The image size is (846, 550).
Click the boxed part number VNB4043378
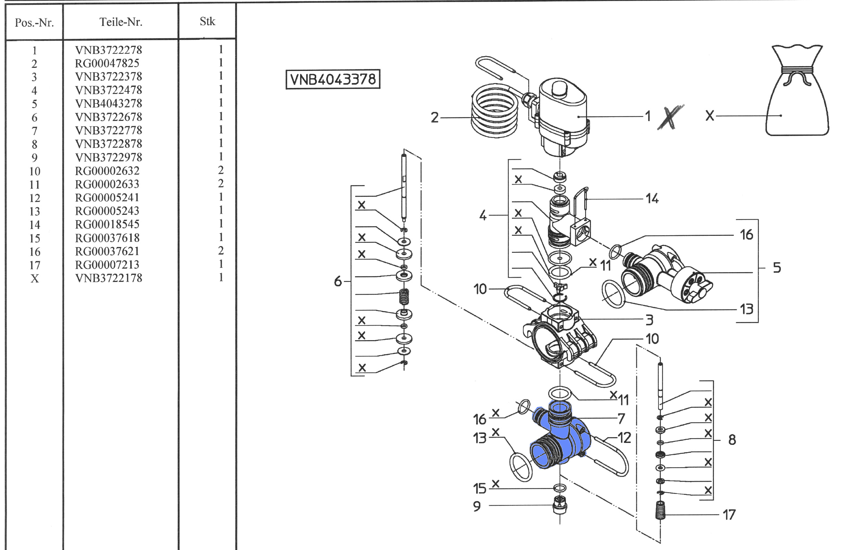click(333, 79)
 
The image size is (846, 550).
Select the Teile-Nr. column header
click(121, 22)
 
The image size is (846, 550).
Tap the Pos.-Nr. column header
click(34, 23)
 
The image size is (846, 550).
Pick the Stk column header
click(207, 21)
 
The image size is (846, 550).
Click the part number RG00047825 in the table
click(107, 63)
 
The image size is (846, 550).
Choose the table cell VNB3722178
click(108, 278)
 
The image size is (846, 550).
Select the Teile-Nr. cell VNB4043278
click(108, 104)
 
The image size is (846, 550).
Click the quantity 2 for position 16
click(221, 251)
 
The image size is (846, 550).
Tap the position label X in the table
click(34, 278)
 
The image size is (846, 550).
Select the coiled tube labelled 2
click(495, 110)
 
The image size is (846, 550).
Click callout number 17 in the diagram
click(729, 515)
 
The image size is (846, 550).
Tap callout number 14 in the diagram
click(652, 198)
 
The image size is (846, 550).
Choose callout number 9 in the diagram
click(477, 506)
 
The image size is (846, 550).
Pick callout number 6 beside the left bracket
click(338, 281)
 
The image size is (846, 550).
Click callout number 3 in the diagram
click(649, 320)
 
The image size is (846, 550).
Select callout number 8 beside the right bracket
click(732, 440)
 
